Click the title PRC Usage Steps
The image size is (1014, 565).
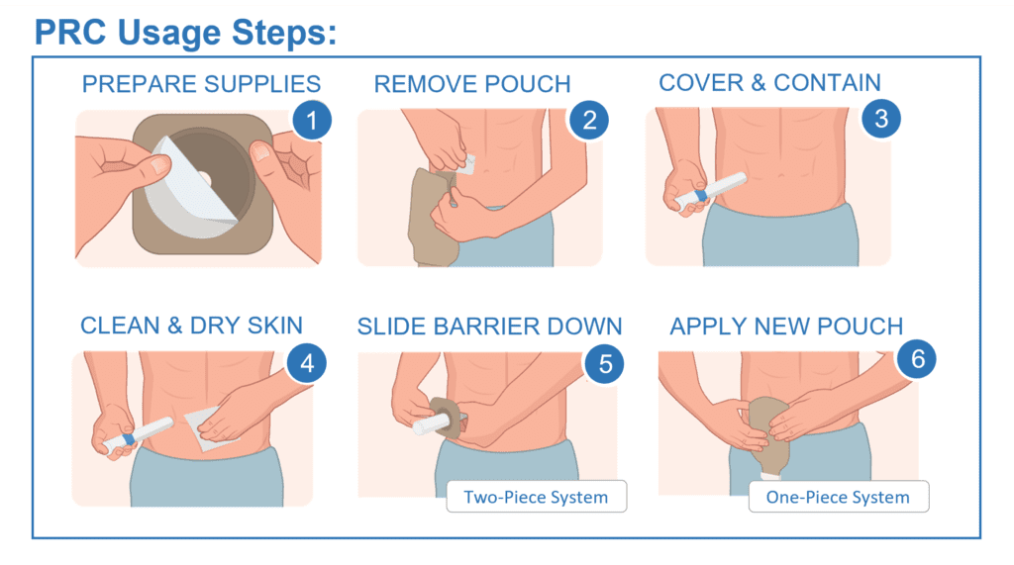185,33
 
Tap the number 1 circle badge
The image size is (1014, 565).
312,121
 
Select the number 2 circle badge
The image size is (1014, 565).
588,121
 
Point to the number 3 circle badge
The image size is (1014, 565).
880,119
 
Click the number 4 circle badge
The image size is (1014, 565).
307,363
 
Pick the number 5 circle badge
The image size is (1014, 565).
605,364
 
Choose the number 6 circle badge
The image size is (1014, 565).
916,359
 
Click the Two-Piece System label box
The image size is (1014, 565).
536,497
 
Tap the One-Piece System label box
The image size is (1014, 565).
838,497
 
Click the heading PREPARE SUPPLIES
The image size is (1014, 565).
201,84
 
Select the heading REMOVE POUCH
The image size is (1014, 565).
472,84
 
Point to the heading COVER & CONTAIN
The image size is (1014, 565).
769,83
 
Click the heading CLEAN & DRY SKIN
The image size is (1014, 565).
191,326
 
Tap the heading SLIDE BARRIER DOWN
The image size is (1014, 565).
489,327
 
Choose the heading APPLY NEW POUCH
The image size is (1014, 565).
786,327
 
